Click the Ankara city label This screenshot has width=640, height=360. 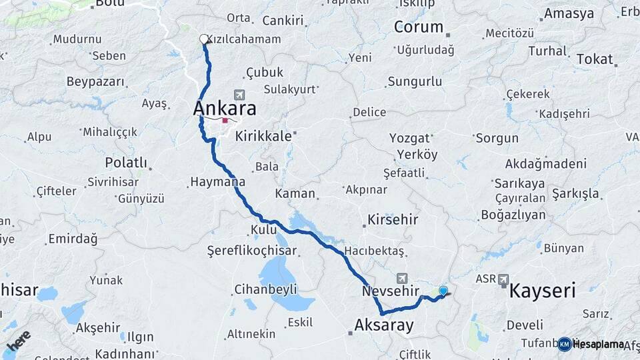[225, 108]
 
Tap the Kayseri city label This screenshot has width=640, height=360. [543, 291]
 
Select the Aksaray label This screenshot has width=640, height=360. [384, 325]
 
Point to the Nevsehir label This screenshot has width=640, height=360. [391, 291]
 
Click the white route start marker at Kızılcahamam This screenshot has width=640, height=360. [204, 39]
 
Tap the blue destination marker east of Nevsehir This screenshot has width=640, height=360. [443, 291]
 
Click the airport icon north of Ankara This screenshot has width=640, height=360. [239, 95]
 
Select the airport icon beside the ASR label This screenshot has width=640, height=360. [503, 279]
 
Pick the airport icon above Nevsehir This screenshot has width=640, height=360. [402, 278]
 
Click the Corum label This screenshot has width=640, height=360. [418, 27]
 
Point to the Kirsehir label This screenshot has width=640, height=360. [393, 219]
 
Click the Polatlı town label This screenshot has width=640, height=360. [126, 163]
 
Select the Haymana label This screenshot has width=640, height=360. [217, 181]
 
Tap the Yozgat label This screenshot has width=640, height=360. [410, 139]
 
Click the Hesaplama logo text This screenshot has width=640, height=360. [599, 344]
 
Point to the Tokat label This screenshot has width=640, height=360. [595, 59]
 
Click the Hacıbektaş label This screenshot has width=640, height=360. [379, 251]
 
